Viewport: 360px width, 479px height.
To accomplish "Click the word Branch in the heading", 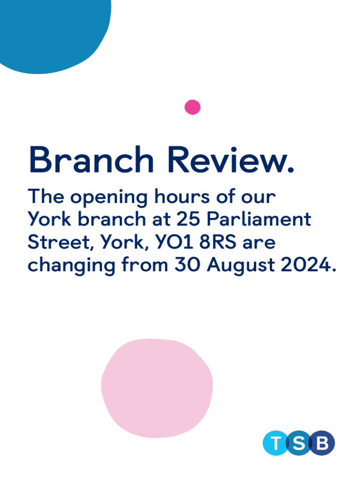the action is [91, 160].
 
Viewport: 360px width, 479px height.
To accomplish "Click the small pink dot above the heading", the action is [192, 107].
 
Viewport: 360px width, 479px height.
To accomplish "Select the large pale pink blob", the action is [157, 388].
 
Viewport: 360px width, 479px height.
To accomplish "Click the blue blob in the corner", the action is [52, 34].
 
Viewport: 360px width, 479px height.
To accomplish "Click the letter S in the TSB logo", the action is [299, 443].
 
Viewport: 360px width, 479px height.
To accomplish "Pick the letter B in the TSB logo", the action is [322, 443].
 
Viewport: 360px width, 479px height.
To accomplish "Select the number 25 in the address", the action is [188, 219].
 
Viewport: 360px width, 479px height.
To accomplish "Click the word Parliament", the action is [259, 219].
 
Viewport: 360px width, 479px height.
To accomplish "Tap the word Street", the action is [59, 242].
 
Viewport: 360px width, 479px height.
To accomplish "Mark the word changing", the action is [72, 266].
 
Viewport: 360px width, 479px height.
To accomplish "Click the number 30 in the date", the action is [187, 265].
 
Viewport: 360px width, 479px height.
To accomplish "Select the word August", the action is [241, 266].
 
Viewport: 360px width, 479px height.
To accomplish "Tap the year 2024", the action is [306, 265].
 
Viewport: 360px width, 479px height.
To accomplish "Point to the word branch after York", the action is [111, 219].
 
